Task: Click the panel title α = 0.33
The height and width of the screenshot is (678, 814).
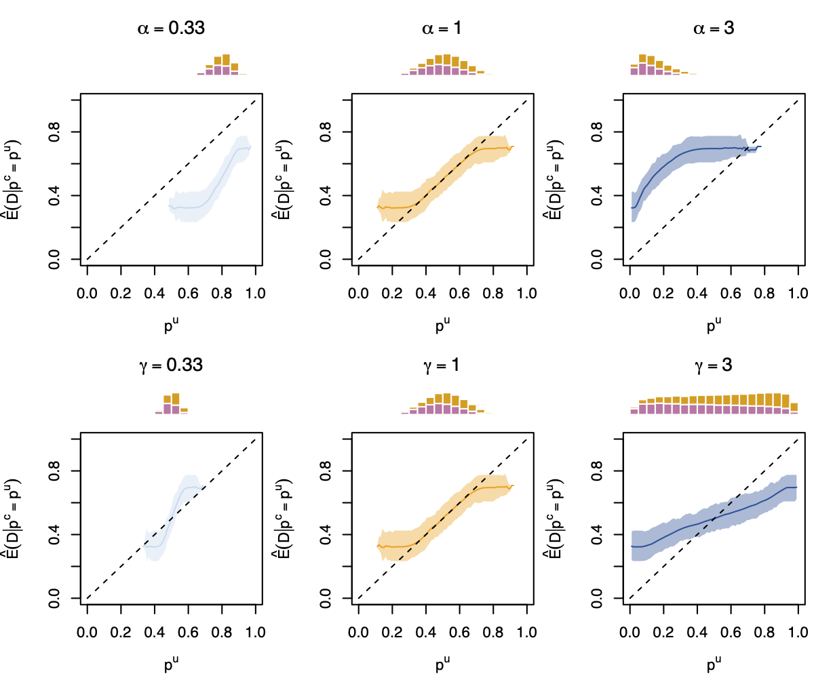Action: pos(168,28)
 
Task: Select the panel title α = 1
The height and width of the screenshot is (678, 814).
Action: pos(442,28)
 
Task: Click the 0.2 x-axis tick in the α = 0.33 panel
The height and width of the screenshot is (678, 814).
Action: pos(121,293)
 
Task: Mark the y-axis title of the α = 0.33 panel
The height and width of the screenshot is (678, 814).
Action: pos(14,180)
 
